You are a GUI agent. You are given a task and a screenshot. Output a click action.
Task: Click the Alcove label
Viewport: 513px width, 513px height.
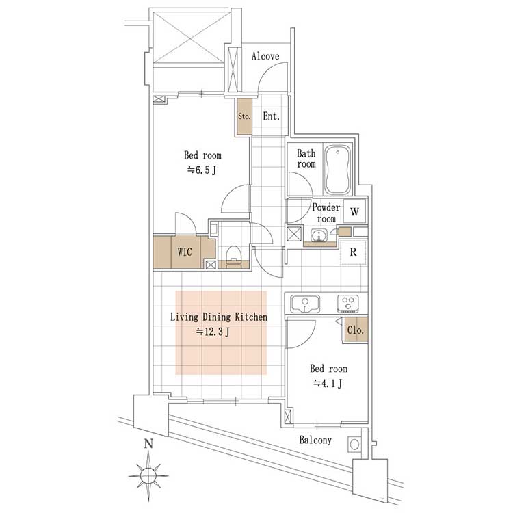point(265,56)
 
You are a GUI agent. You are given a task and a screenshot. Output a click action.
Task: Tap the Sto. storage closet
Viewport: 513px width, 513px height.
point(244,116)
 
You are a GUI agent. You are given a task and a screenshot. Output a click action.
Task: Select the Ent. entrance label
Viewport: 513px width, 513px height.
point(272,116)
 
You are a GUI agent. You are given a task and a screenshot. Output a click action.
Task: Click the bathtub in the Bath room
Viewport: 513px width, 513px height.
point(338,169)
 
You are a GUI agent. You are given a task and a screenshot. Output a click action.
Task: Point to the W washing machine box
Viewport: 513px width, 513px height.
point(354,211)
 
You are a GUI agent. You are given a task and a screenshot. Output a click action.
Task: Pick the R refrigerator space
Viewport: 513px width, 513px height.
point(354,252)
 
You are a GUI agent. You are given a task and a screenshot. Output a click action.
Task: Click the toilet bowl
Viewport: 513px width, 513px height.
point(233,254)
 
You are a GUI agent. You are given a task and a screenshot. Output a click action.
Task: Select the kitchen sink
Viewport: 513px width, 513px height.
point(305,304)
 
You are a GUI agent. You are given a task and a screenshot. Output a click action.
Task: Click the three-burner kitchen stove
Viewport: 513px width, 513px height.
point(348,303)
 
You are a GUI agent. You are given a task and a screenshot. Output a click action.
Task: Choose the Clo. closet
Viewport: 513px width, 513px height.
point(356,330)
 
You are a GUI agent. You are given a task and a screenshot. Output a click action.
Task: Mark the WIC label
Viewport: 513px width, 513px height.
point(185,252)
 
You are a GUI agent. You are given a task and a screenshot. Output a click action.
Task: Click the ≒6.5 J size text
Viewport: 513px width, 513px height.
point(202,170)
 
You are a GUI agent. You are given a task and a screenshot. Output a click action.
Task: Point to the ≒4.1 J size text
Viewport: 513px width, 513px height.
point(328,383)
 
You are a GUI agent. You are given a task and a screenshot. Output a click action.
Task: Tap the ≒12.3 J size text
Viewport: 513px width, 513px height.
point(213,332)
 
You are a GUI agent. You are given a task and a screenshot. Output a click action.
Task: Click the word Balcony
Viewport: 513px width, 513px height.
point(315,440)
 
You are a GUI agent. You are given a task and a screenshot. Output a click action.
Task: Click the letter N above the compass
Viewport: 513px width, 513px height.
point(149,444)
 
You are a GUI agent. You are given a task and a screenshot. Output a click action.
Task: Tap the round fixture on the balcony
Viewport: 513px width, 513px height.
point(354,445)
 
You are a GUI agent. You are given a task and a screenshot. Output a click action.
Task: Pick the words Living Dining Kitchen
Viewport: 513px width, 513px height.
point(219,317)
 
